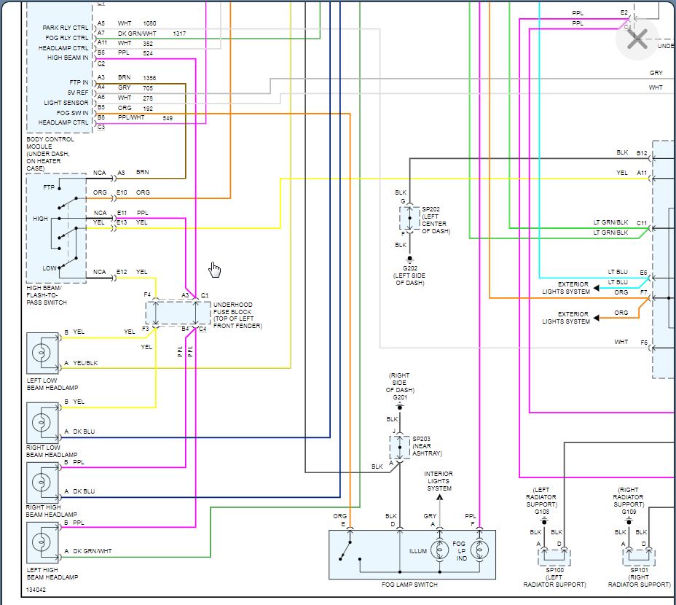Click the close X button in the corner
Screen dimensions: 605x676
[x=637, y=40]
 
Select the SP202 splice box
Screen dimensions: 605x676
[x=409, y=219]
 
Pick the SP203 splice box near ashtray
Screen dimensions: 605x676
[x=399, y=447]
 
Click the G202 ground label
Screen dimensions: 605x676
[x=410, y=268]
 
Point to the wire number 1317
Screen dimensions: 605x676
[x=179, y=34]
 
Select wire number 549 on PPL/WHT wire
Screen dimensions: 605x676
[x=168, y=117]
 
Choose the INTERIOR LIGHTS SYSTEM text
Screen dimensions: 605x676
[x=439, y=481]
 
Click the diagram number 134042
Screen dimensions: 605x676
[x=36, y=590]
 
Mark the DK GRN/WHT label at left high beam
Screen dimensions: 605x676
[x=93, y=551]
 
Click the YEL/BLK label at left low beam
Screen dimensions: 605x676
[x=85, y=363]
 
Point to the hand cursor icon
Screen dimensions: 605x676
[x=214, y=270]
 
